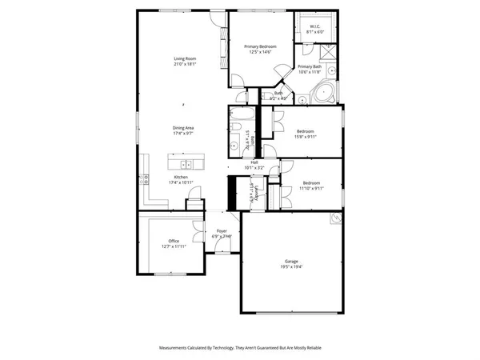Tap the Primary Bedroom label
pos(260,47)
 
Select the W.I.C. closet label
pos(314,26)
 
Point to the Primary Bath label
pos(310,66)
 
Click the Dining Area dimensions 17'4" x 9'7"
pos(184,133)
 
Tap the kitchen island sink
pos(185,165)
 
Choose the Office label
pos(174,241)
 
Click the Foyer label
pos(222,231)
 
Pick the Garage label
pos(291,261)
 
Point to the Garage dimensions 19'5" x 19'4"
pos(291,266)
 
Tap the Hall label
pos(254,162)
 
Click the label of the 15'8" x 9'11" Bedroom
pos(305,131)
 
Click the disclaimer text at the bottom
pos(240,348)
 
